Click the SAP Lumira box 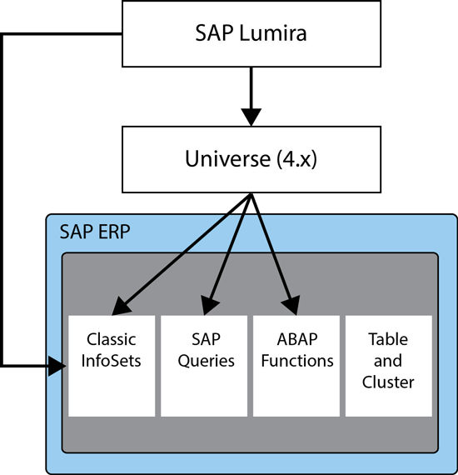pyautogui.click(x=251, y=33)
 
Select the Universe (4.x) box pyautogui.click(x=251, y=159)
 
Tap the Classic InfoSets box pyautogui.click(x=112, y=366)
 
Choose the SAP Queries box pyautogui.click(x=204, y=366)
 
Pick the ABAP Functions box pyautogui.click(x=296, y=366)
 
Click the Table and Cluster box pyautogui.click(x=389, y=366)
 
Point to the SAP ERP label pyautogui.click(x=95, y=232)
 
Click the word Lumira pyautogui.click(x=273, y=33)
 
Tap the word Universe pyautogui.click(x=227, y=158)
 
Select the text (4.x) pyautogui.click(x=296, y=159)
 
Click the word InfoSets pyautogui.click(x=111, y=361)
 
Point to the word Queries pyautogui.click(x=207, y=361)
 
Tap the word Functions pyautogui.click(x=297, y=361)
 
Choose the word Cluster pyautogui.click(x=388, y=382)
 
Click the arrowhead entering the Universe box pyautogui.click(x=251, y=117)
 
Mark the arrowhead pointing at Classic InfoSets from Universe pyautogui.click(x=121, y=307)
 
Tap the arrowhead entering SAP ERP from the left pyautogui.click(x=57, y=366)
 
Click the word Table pyautogui.click(x=388, y=339)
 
